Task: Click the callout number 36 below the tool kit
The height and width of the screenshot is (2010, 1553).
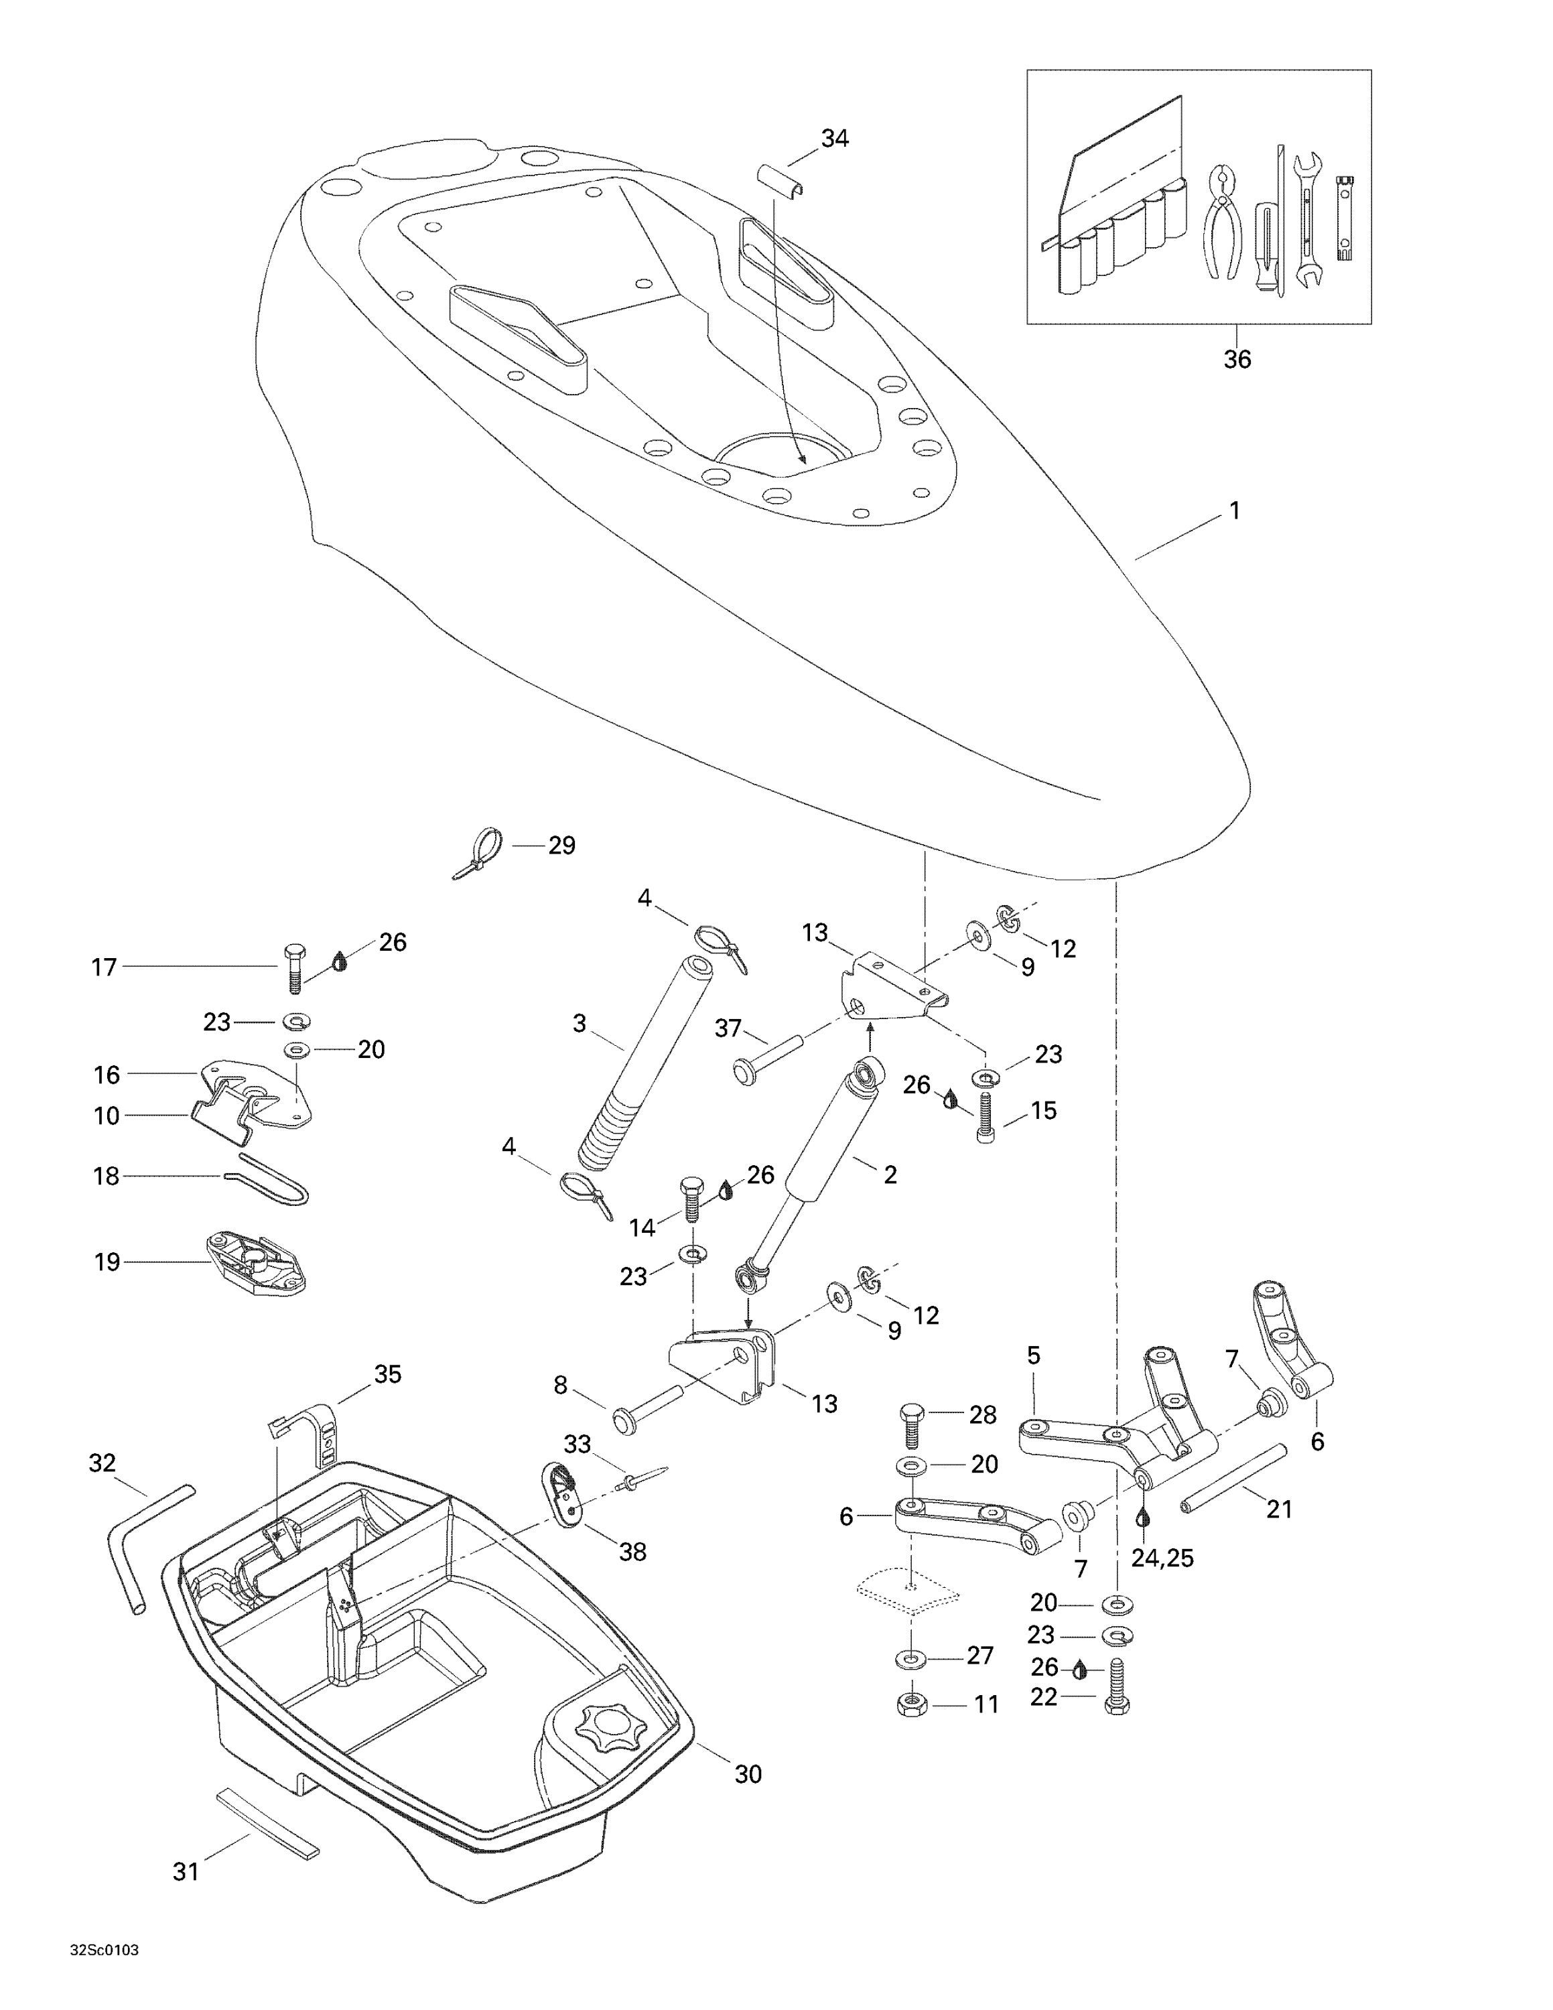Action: [x=1237, y=359]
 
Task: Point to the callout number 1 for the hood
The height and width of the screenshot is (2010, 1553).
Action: [x=1235, y=510]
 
